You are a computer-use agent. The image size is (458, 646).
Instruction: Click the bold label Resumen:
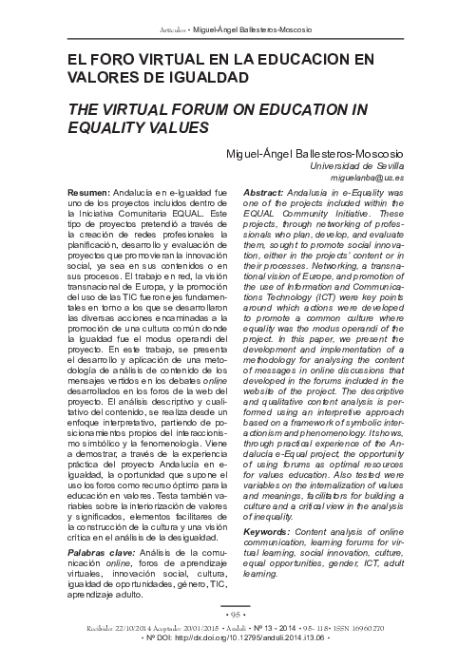[87, 192]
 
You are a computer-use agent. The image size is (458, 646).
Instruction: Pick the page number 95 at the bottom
[229, 614]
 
